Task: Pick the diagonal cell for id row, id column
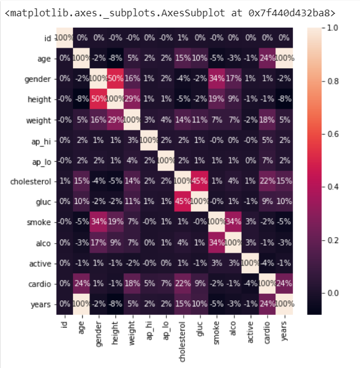tap(63, 37)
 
